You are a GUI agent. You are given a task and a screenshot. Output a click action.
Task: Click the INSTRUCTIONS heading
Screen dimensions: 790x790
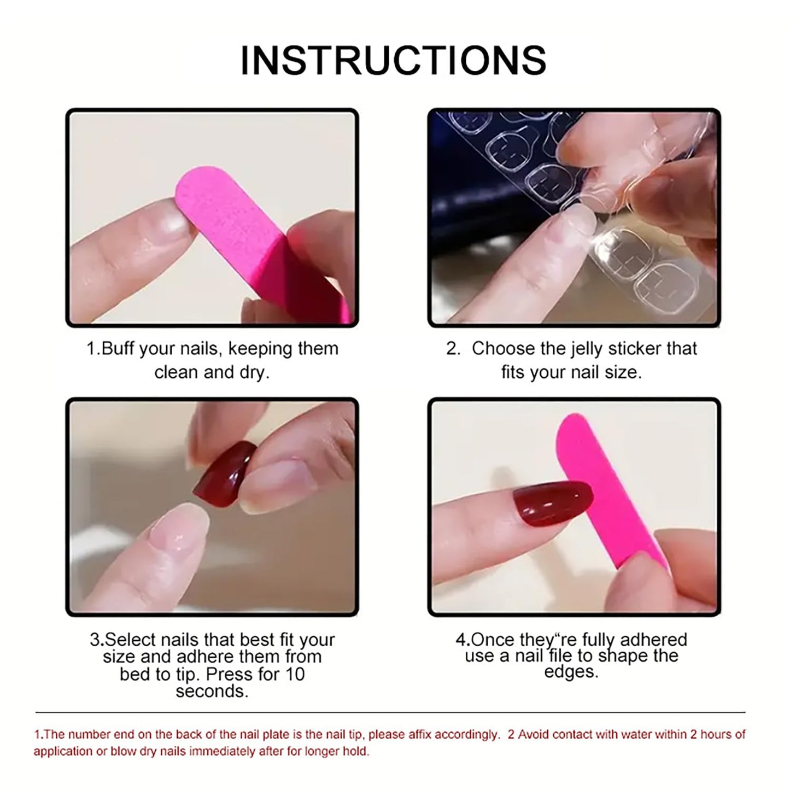[394, 60]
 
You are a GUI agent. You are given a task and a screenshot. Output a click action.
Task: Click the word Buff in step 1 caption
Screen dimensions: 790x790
[118, 349]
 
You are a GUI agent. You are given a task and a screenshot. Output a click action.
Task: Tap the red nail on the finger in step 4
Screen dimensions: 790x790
[552, 503]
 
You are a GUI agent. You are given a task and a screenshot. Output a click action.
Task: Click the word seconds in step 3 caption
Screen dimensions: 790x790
[212, 691]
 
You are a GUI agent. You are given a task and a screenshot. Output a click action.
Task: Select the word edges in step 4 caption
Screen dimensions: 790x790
[571, 671]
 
